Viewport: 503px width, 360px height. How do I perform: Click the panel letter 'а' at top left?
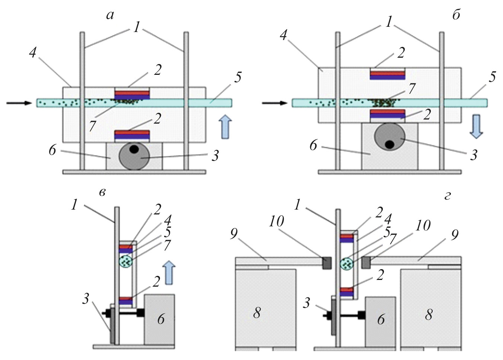coord(110,16)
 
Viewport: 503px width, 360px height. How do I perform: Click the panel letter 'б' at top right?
coord(456,15)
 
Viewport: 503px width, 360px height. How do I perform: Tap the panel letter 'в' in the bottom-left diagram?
coord(103,192)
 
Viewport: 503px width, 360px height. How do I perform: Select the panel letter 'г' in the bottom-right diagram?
coord(448,195)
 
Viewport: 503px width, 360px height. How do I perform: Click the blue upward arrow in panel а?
coord(224,127)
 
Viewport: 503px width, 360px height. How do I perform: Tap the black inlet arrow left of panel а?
coord(19,103)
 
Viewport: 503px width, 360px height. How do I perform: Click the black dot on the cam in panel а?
coord(134,149)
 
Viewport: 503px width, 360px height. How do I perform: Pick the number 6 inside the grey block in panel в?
coord(160,319)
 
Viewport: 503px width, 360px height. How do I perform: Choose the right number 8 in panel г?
coord(429,315)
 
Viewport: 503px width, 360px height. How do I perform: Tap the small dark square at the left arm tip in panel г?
coord(327,263)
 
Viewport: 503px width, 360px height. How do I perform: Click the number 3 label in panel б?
coord(473,154)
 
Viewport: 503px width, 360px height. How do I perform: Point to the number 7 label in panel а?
coord(92,126)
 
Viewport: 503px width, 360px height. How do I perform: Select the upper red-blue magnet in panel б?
coord(387,75)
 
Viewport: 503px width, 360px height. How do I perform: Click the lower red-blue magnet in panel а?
coord(132,135)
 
